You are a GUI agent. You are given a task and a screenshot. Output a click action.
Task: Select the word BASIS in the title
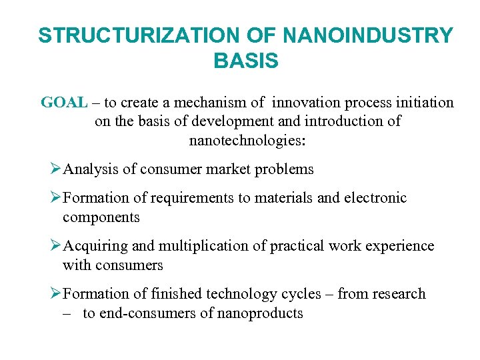tap(246, 61)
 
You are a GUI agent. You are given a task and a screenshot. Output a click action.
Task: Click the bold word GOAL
tap(64, 103)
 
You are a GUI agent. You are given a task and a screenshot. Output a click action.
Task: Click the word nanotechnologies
tap(247, 141)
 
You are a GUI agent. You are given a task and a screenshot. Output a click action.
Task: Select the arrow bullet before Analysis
tap(55, 169)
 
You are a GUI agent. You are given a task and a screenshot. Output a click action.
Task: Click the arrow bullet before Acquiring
tap(55, 246)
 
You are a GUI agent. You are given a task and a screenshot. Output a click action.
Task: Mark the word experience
tap(403, 246)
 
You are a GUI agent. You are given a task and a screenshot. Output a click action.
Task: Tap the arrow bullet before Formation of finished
tap(55, 294)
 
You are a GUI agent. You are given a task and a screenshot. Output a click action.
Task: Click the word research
tap(397, 294)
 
